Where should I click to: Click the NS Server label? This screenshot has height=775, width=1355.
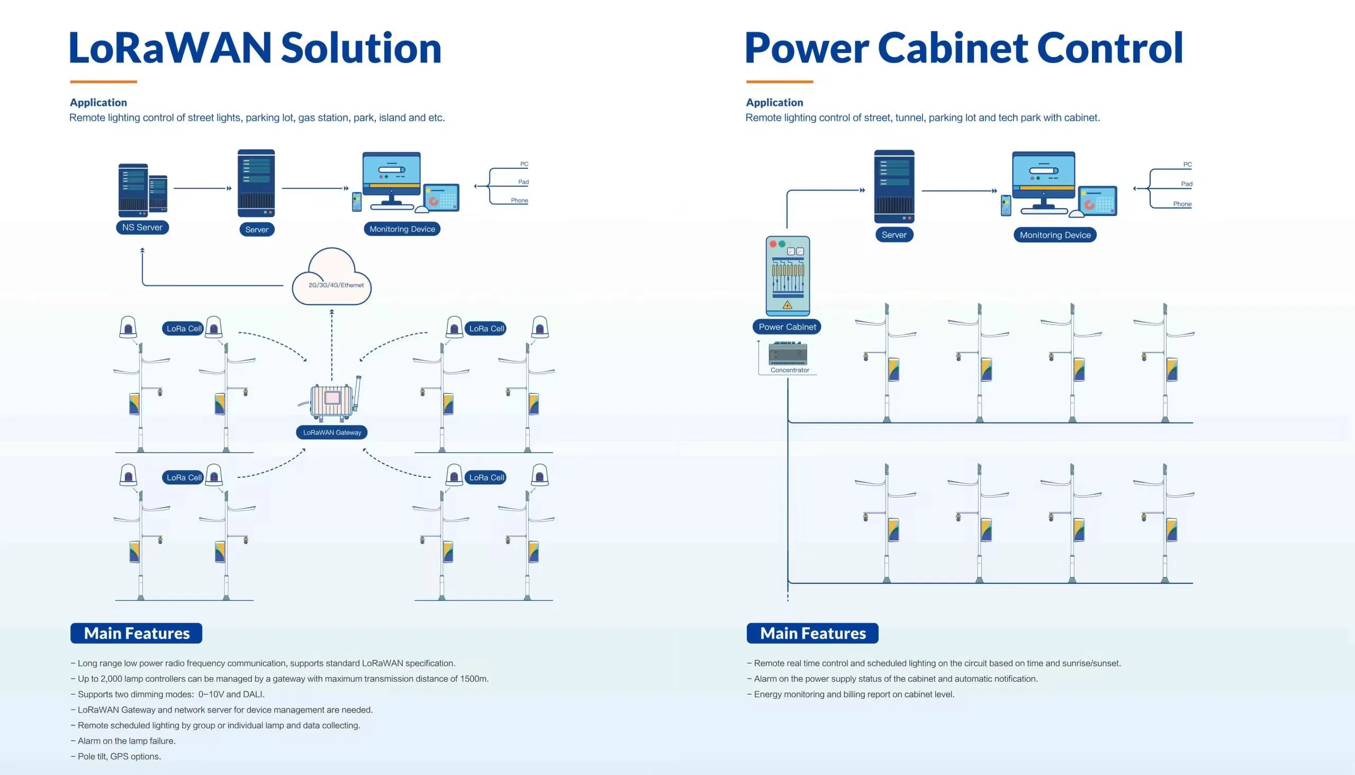pyautogui.click(x=142, y=227)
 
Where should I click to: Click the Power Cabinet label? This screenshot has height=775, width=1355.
pyautogui.click(x=787, y=327)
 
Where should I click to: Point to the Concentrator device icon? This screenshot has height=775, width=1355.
pyautogui.click(x=788, y=354)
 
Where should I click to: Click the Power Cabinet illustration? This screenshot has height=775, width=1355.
pyautogui.click(x=788, y=276)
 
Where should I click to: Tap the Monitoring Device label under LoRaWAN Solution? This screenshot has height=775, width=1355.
pyautogui.click(x=402, y=229)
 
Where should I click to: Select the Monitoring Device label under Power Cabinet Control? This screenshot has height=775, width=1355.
pyautogui.click(x=1055, y=235)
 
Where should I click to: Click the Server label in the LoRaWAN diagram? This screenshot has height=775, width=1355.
pyautogui.click(x=257, y=229)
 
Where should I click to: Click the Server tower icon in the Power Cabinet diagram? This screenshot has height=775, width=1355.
pyautogui.click(x=894, y=186)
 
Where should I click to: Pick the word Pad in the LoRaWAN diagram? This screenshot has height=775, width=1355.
pyautogui.click(x=523, y=182)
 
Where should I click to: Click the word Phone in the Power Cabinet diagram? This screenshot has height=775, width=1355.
pyautogui.click(x=1182, y=204)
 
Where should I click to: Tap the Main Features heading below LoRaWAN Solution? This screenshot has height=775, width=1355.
pyautogui.click(x=136, y=633)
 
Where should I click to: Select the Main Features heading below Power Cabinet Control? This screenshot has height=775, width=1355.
pyautogui.click(x=812, y=633)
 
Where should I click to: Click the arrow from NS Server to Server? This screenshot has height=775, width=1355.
pyautogui.click(x=202, y=188)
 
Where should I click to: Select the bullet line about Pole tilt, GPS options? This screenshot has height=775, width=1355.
pyautogui.click(x=119, y=756)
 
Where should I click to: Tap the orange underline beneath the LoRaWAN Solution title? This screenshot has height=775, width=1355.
pyautogui.click(x=103, y=82)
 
